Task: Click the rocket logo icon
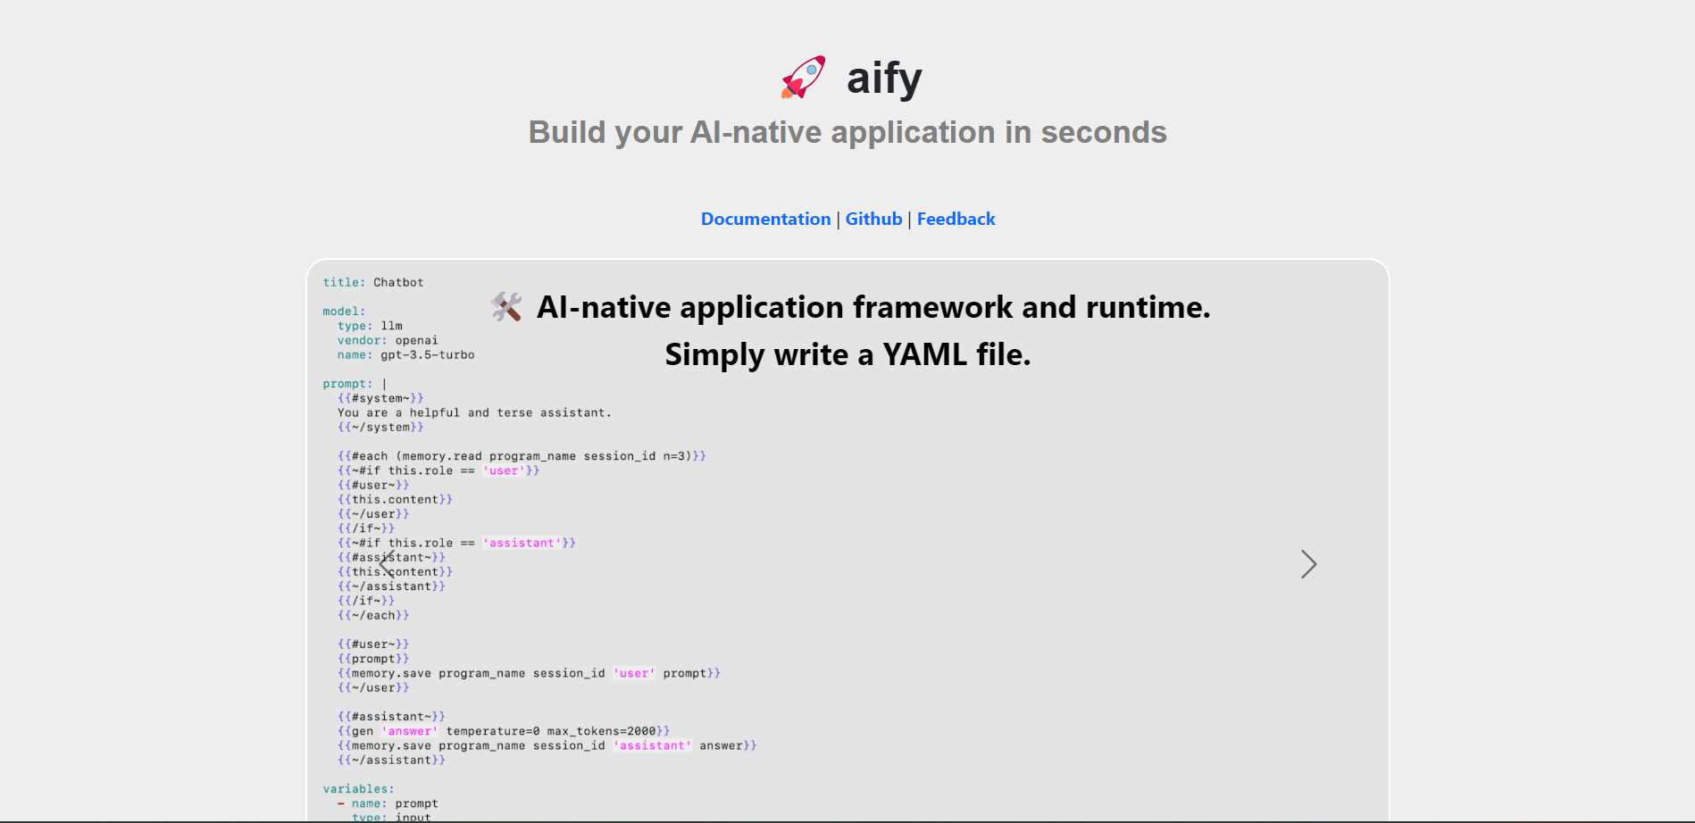(x=803, y=78)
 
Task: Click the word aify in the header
(x=884, y=78)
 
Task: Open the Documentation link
(x=765, y=219)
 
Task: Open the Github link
(x=873, y=219)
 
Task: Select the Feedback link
(x=956, y=219)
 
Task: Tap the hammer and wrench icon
(x=506, y=307)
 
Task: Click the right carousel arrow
(x=1308, y=564)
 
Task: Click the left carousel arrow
(x=387, y=564)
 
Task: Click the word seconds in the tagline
(x=1104, y=132)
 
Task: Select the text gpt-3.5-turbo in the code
(x=427, y=355)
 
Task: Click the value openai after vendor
(x=416, y=340)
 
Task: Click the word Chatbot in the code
(x=398, y=282)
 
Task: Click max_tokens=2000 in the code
(x=601, y=731)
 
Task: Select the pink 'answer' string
(x=410, y=731)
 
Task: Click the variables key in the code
(x=355, y=789)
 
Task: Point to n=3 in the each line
(x=676, y=456)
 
